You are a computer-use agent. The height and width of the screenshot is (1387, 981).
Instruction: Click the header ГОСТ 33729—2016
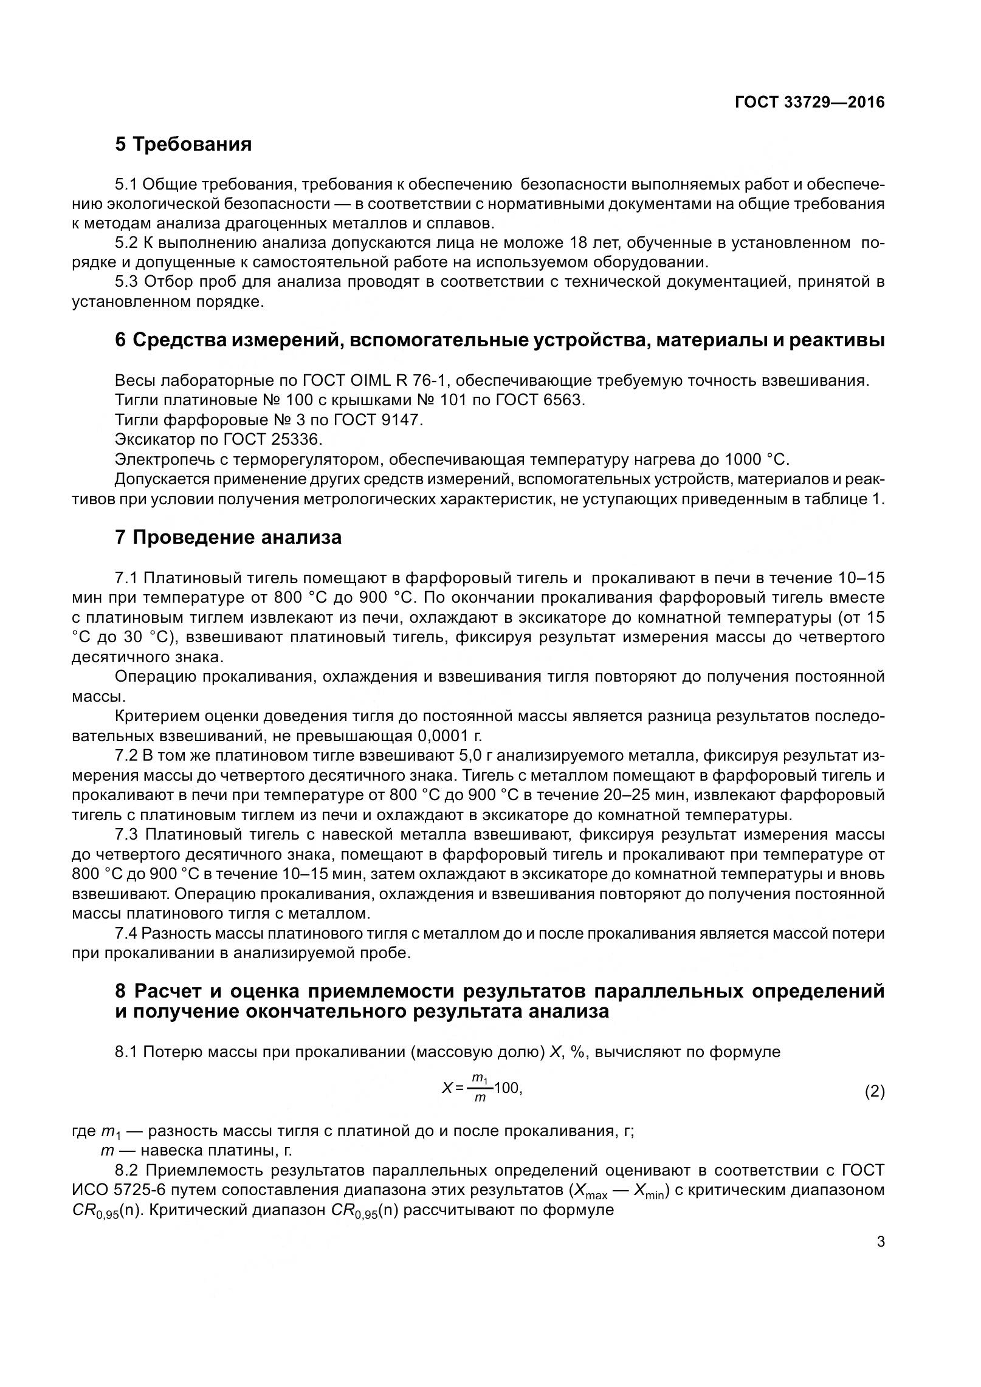pyautogui.click(x=809, y=103)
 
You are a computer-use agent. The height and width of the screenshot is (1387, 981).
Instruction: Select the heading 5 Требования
pyautogui.click(x=183, y=145)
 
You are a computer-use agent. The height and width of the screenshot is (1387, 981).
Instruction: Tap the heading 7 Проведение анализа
pyautogui.click(x=228, y=538)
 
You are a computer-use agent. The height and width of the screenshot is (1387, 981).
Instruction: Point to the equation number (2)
pyautogui.click(x=874, y=1092)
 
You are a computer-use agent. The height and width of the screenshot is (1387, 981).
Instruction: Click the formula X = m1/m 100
pyautogui.click(x=482, y=1089)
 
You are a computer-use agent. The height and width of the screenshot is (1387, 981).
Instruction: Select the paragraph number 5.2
pyautogui.click(x=127, y=244)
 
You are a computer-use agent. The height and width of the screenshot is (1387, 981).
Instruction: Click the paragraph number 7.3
pyautogui.click(x=127, y=835)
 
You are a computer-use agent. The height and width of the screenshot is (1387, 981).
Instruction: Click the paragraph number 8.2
pyautogui.click(x=127, y=1170)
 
